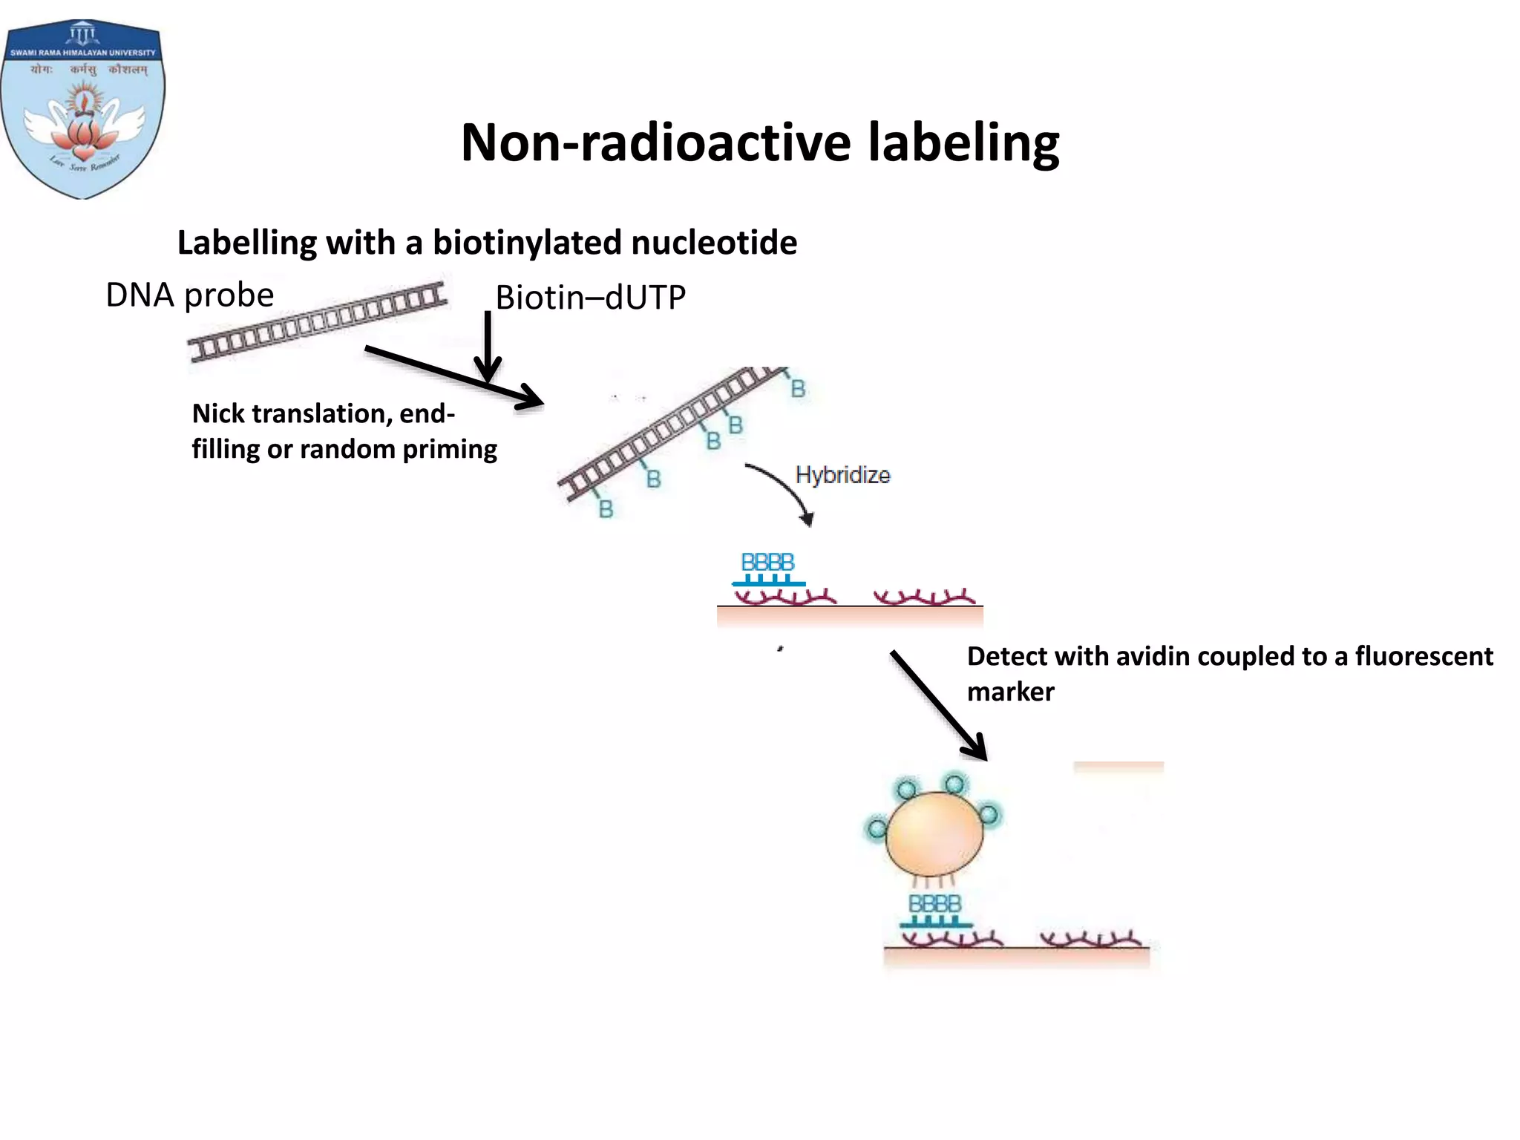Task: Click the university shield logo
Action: [82, 110]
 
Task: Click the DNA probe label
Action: [190, 295]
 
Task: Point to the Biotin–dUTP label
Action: [590, 298]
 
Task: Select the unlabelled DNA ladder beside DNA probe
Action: [318, 322]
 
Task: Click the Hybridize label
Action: [842, 475]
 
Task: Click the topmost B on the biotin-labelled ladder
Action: [798, 389]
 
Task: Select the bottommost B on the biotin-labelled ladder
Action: [606, 509]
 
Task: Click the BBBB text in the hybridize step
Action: [767, 563]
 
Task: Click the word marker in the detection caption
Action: [1010, 692]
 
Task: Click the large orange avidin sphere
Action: [934, 834]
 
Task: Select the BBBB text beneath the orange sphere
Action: [934, 904]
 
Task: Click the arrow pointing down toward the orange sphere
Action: [938, 705]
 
